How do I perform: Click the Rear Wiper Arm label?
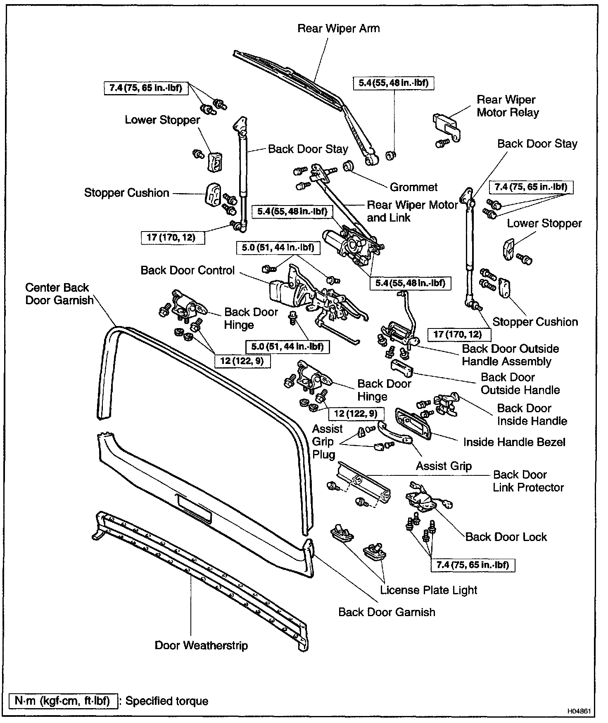coord(338,28)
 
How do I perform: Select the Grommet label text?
coord(413,187)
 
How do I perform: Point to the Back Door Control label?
coord(188,270)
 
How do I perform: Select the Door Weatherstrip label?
coord(201,645)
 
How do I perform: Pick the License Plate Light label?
coord(428,590)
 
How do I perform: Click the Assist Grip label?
coord(444,466)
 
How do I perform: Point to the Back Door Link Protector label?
coord(528,481)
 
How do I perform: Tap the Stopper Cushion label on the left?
coord(127,193)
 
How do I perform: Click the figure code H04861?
coord(580,712)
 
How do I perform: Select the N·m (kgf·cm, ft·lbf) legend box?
coord(62,701)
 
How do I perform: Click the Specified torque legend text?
coord(166,701)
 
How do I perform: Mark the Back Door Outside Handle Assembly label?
coord(510,355)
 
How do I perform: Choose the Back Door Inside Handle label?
coord(532,414)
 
